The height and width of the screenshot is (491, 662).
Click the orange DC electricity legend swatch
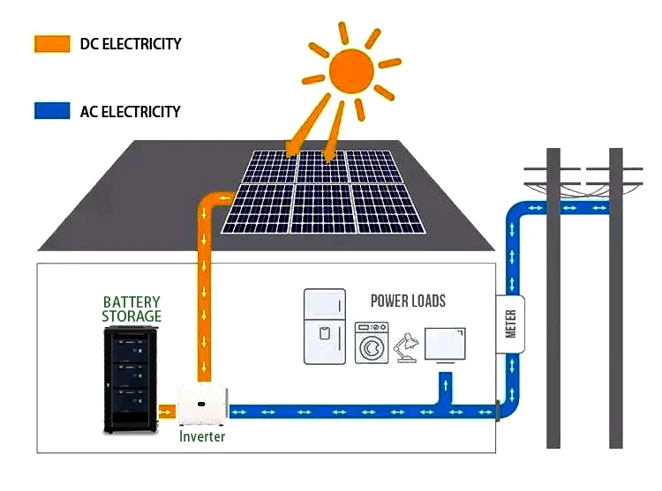coord(51,43)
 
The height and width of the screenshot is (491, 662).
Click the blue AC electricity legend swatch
coord(51,111)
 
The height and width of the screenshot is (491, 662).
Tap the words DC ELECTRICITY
coord(130,43)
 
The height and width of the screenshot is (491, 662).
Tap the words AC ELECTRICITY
coord(130,111)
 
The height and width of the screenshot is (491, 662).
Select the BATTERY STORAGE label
coord(132,309)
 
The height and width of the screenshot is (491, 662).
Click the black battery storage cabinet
coord(132,379)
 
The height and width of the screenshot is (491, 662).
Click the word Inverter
coord(202,436)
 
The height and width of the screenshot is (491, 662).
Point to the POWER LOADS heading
coord(408,301)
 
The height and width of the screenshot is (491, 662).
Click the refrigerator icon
coord(325,326)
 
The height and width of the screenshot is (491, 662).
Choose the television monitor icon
coord(445,346)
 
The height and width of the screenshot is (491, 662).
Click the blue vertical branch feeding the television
coord(444,388)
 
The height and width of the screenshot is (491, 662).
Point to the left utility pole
coord(553,300)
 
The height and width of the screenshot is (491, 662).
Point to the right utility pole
coord(615,300)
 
